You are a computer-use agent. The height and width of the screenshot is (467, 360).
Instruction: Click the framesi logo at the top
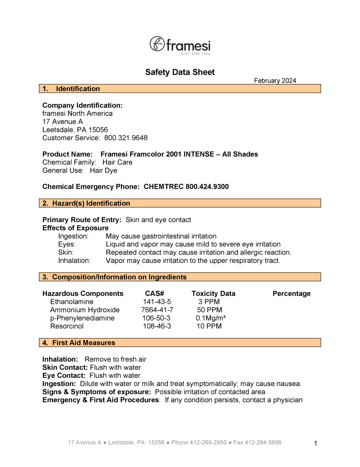(180, 46)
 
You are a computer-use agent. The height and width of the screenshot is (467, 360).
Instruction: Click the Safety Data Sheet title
(180, 72)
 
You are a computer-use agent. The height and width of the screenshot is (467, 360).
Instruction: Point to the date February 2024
(275, 81)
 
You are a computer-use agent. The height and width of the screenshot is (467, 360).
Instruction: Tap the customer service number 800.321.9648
(126, 138)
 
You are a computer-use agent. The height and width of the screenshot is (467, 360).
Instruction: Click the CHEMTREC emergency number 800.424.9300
(207, 187)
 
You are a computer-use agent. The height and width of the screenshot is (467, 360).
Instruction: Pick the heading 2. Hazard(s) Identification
(91, 203)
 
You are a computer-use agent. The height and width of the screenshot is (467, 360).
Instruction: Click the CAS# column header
(155, 294)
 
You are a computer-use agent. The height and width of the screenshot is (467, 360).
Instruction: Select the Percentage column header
(291, 294)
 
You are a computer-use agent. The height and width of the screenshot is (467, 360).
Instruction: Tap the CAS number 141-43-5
(157, 302)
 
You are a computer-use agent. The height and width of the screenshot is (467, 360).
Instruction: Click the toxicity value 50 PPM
(209, 310)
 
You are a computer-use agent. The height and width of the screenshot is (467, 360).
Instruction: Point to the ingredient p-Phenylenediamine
(82, 318)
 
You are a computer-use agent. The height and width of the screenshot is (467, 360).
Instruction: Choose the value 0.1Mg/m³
(211, 318)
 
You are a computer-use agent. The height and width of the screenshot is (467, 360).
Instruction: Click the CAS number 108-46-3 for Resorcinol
(157, 326)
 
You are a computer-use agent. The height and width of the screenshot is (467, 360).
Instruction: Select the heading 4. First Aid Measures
(83, 343)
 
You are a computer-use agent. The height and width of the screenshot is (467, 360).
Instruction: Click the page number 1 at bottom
(315, 444)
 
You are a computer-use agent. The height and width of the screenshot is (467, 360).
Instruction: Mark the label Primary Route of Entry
(82, 220)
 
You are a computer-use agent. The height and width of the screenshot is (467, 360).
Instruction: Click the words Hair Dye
(103, 171)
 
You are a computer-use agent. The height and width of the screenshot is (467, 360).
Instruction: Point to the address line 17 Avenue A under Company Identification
(62, 122)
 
